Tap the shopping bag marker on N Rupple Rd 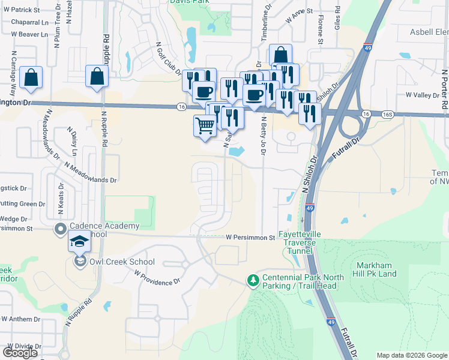(x=97, y=77)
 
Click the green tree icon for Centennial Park (x=253, y=280)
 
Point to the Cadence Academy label (x=104, y=226)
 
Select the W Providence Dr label (x=157, y=278)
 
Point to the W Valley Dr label (x=423, y=95)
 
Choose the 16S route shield (x=387, y=113)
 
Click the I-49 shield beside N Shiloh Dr (x=309, y=208)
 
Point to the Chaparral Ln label (x=29, y=22)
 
